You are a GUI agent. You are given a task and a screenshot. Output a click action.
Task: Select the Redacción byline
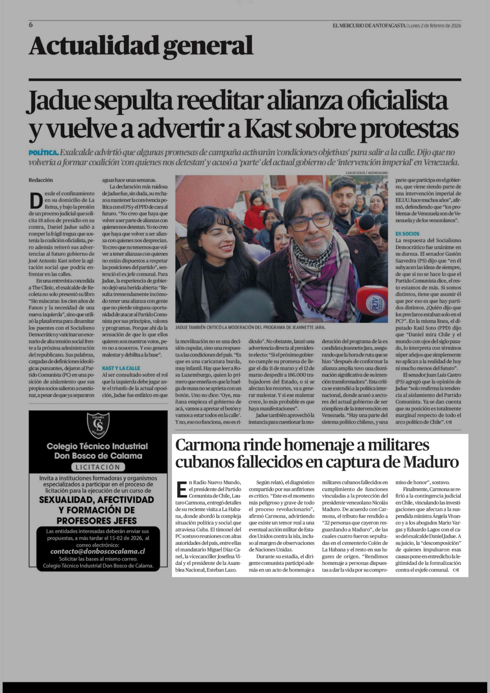pos(41,180)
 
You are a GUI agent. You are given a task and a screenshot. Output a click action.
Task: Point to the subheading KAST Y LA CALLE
pos(121,368)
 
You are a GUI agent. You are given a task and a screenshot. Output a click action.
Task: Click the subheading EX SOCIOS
pos(407,234)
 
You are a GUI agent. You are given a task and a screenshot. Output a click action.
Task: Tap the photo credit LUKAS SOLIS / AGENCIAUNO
pos(367,173)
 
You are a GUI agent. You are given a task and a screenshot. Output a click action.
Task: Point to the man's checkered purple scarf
pos(320,272)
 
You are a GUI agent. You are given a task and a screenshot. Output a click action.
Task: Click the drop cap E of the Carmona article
pos(182,490)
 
